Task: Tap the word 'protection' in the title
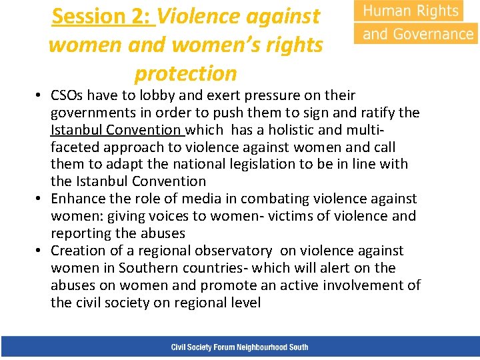(185, 73)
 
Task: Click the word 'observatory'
(233, 251)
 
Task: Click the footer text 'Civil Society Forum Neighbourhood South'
(239, 347)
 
